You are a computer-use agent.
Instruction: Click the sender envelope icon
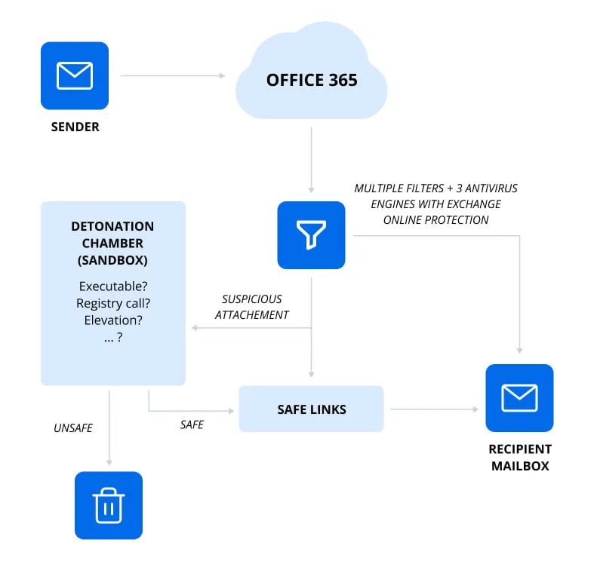click(x=75, y=75)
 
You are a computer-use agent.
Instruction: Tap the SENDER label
click(x=75, y=127)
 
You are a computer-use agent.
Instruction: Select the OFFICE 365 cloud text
click(x=311, y=80)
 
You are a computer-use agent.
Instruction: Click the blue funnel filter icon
click(x=311, y=235)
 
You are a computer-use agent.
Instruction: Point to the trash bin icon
click(x=109, y=505)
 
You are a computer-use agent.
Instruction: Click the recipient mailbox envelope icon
click(x=519, y=397)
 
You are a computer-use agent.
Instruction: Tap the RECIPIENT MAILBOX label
click(x=519, y=457)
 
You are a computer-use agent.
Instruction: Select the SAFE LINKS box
click(x=311, y=409)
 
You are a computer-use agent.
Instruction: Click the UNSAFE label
click(x=73, y=427)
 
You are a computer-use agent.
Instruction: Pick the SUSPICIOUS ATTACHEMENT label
click(x=252, y=307)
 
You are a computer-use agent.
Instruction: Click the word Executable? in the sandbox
click(x=112, y=286)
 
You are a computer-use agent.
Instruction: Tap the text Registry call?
click(x=112, y=303)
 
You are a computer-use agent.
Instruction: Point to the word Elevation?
click(x=112, y=320)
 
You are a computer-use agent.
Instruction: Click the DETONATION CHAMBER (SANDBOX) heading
click(x=112, y=243)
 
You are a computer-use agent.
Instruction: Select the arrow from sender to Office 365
click(x=172, y=75)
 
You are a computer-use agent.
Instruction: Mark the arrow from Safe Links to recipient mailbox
click(x=434, y=409)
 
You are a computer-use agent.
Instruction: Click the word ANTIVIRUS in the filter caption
click(x=493, y=188)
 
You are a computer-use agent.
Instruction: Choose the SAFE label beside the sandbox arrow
click(x=192, y=424)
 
